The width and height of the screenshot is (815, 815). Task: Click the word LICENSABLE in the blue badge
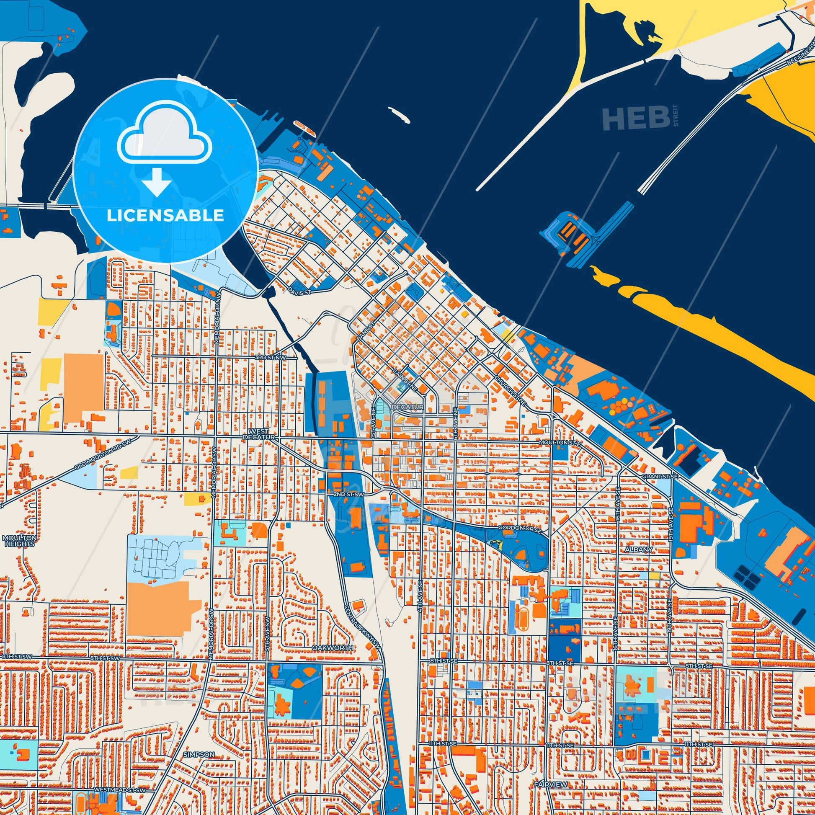[165, 216]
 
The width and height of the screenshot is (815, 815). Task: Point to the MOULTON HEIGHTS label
[20, 541]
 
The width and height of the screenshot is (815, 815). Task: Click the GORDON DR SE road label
[516, 528]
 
